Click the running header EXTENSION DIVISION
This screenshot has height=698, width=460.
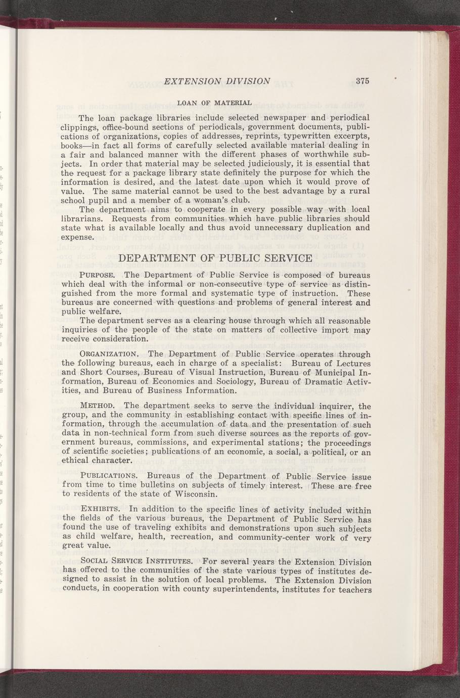click(218, 80)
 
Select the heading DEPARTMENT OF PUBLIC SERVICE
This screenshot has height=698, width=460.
click(215, 258)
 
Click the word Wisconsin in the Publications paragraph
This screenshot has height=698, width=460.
click(196, 494)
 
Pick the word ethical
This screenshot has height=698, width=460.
click(76, 461)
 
